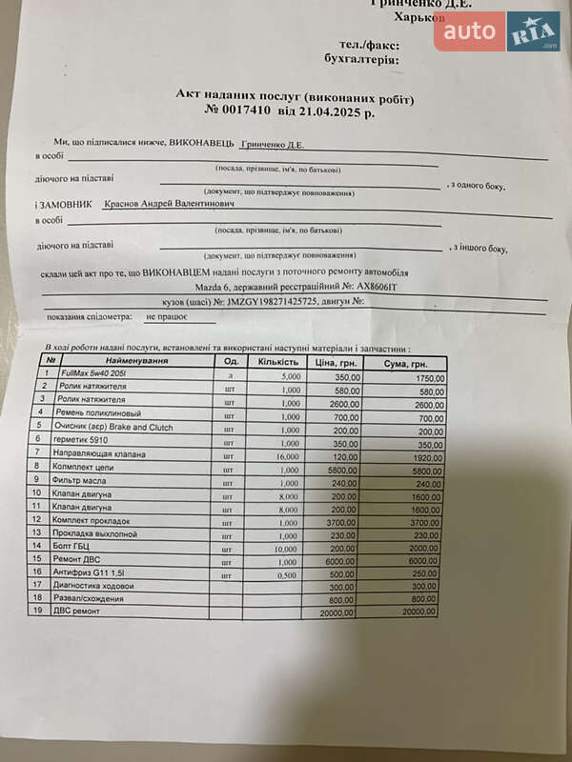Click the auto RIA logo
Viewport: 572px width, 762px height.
[x=497, y=32]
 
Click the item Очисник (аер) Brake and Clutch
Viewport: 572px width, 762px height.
[x=117, y=428]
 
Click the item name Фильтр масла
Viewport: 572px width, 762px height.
[x=85, y=482]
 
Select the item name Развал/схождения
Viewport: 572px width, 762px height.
[x=92, y=598]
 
